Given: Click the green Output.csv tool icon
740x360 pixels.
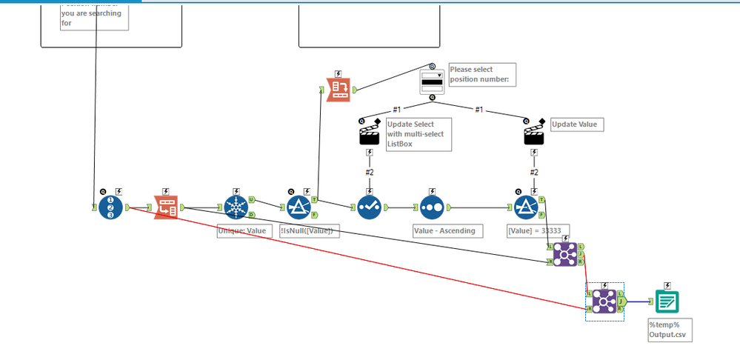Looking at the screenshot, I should click(667, 301).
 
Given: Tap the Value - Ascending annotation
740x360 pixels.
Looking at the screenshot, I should click(444, 231).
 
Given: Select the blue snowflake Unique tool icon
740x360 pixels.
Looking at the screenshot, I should click(236, 208).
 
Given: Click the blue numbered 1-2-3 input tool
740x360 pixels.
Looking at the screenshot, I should click(110, 207).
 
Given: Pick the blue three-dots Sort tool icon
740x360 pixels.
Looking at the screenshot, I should click(432, 208).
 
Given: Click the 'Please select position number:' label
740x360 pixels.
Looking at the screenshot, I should click(479, 74).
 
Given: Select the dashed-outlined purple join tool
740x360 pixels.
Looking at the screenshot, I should click(604, 301).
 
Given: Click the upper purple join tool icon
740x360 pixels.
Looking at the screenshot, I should click(565, 253).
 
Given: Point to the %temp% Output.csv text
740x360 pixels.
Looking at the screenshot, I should click(670, 330).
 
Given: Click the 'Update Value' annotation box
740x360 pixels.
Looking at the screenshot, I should click(574, 124).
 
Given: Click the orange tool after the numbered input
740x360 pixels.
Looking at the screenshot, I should click(166, 208).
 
